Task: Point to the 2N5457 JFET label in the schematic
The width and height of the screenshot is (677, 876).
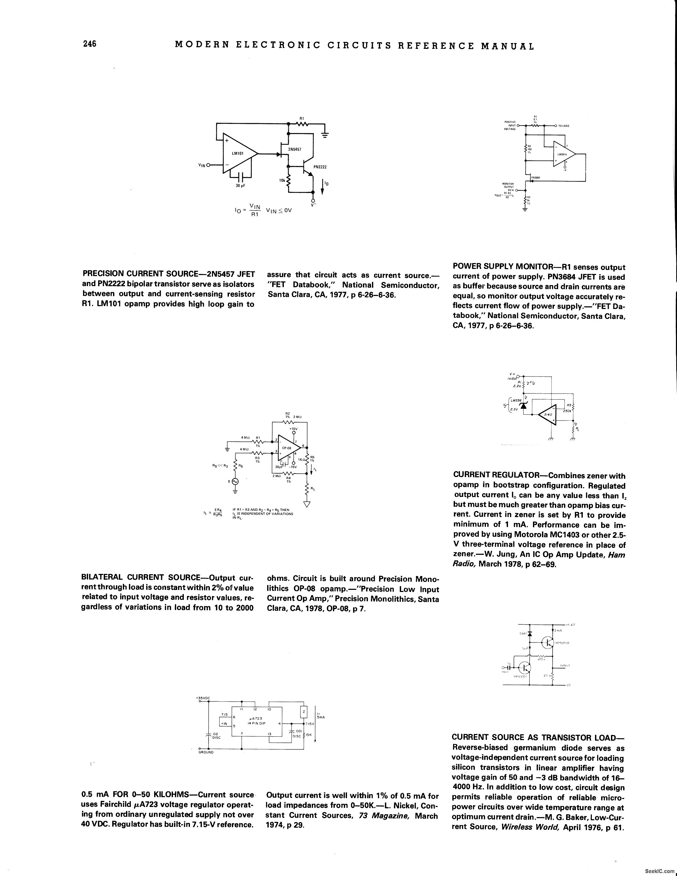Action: (295, 149)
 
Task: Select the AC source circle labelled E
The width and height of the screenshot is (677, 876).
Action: (235, 481)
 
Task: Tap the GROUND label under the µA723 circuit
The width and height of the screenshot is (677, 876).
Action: (206, 753)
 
